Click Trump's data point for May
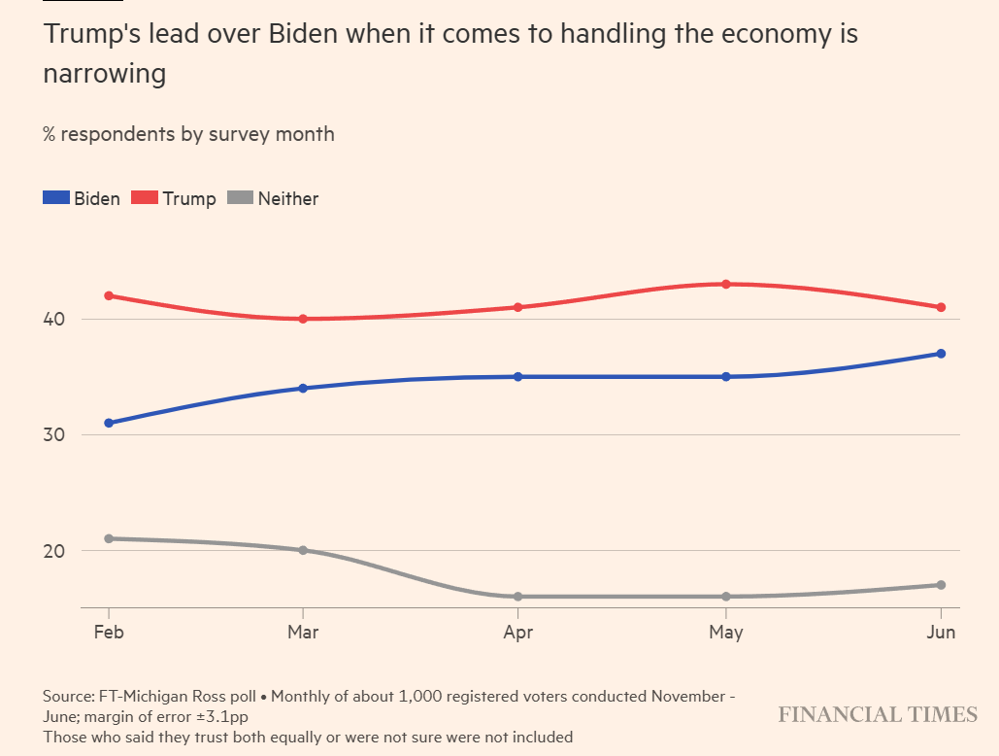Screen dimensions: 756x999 tap(726, 284)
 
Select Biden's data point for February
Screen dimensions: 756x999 tap(109, 423)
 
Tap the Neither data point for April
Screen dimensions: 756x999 tap(518, 597)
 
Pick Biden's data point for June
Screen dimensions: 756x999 tap(941, 354)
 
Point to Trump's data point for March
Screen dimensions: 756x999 tap(303, 319)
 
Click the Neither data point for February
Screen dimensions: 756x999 tap(109, 538)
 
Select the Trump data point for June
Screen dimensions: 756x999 tap(941, 307)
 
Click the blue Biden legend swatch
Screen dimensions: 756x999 tap(56, 198)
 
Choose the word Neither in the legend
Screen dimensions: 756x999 tap(288, 198)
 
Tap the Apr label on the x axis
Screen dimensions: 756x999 tap(518, 633)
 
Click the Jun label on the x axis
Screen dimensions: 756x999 tap(941, 633)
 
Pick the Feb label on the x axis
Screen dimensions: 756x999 tap(109, 633)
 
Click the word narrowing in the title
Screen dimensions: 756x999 tap(104, 74)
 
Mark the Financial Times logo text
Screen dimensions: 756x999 tap(878, 715)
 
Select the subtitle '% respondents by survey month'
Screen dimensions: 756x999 tap(188, 134)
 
